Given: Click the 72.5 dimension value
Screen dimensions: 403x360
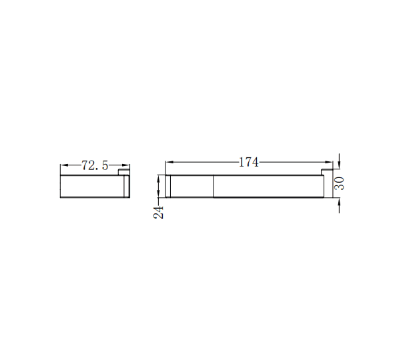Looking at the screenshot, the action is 95,165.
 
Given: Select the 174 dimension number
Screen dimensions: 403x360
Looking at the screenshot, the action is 248,162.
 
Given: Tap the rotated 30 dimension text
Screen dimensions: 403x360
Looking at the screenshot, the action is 339,183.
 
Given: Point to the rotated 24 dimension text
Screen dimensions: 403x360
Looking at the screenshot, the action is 159,213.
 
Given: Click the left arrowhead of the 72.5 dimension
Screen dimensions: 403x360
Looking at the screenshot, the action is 64,165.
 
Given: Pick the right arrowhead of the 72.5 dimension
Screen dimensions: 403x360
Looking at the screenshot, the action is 125,165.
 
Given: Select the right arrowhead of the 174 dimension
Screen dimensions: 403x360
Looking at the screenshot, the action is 329,162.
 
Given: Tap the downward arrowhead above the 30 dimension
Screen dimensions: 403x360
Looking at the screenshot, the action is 339,165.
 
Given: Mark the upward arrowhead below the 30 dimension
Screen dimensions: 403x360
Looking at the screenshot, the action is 339,202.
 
